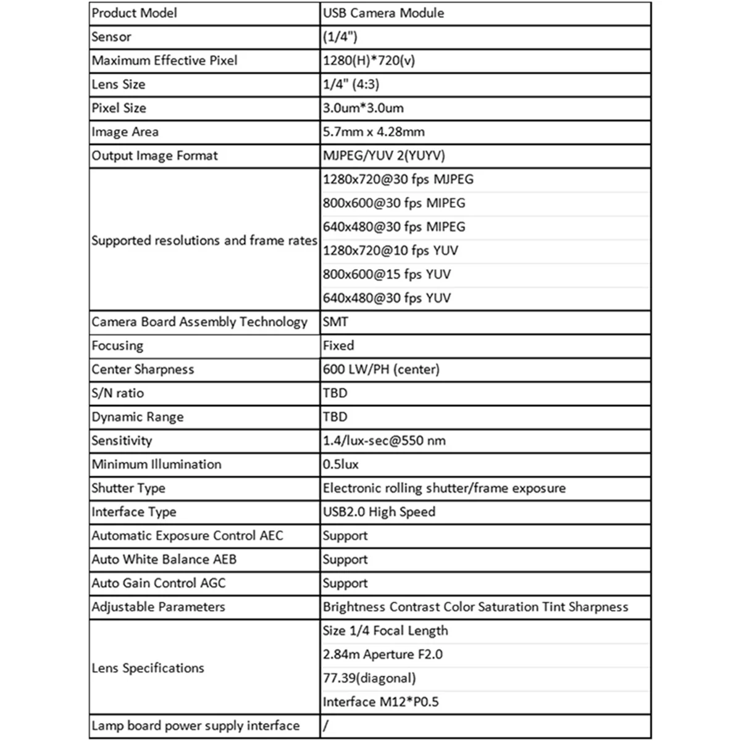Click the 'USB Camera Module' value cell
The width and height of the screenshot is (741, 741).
coord(383,13)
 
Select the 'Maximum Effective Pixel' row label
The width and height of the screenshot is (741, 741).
coord(164,61)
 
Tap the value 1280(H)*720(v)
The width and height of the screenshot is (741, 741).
coord(369,61)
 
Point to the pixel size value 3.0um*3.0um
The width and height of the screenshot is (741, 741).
coord(363,108)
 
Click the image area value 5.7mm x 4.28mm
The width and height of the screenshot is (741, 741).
coord(374,132)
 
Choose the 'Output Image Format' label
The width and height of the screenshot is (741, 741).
coord(154,156)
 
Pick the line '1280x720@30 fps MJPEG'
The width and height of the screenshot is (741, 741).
coord(398,180)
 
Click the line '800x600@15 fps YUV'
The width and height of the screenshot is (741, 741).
coord(387,274)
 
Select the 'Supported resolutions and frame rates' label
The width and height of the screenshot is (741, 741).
coord(204,240)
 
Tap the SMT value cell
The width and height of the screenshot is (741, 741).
coord(335,322)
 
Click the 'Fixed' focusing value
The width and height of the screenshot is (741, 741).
coord(338,346)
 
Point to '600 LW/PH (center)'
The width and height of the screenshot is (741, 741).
coord(381,369)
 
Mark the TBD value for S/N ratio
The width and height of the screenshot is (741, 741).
coord(335,393)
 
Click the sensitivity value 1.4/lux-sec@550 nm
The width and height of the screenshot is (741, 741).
coord(384,441)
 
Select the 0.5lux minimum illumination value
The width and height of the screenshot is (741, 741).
coord(340,464)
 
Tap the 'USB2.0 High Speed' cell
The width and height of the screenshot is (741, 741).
coord(379,512)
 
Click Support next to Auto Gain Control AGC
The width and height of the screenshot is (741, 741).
coord(345,584)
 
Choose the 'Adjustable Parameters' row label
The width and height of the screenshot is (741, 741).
coord(158,607)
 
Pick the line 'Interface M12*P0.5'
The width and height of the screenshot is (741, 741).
coord(380,702)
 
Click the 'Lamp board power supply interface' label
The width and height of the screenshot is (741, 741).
coord(195,726)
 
